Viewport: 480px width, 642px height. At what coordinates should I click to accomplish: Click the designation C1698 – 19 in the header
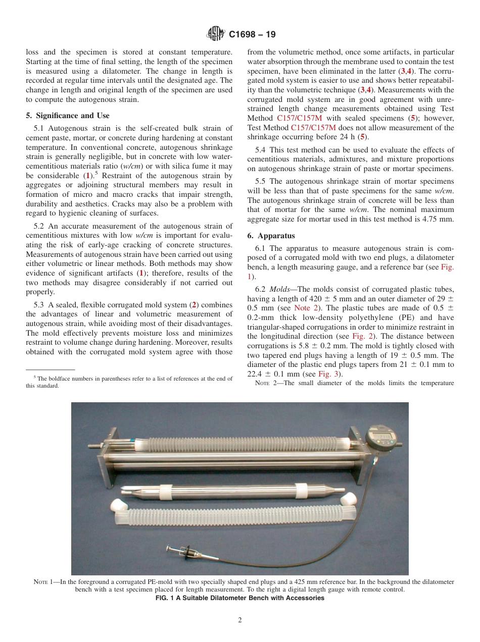(252, 35)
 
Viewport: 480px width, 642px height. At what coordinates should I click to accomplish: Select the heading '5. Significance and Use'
(68, 116)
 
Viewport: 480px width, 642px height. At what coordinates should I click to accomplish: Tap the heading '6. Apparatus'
(271, 236)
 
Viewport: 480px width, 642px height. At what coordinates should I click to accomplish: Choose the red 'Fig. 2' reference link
(362, 336)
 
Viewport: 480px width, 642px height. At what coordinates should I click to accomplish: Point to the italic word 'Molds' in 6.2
(279, 289)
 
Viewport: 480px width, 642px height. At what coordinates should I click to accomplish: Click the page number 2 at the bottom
(240, 620)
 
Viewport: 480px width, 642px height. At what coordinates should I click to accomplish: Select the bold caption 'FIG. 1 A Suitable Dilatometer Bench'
(240, 598)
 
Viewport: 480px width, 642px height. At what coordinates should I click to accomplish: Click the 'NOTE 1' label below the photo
(43, 582)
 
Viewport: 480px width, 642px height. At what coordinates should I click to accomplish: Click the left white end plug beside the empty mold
(118, 504)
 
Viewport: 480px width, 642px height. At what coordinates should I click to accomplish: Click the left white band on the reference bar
(167, 489)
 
